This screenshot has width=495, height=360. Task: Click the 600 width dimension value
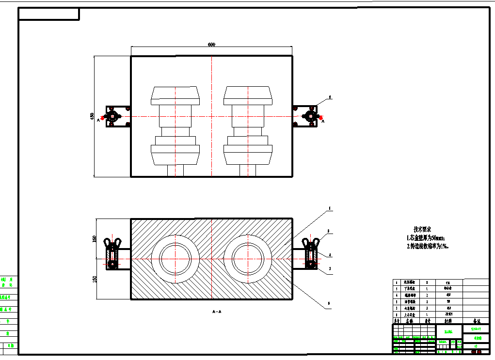(x=211, y=45)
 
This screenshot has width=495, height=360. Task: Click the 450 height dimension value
(x=92, y=116)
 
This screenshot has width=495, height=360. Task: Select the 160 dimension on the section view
(x=95, y=238)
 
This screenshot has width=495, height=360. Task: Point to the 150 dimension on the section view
(x=95, y=280)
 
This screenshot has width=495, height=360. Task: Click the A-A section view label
(x=217, y=312)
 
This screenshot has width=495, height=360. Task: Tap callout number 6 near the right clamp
(x=330, y=97)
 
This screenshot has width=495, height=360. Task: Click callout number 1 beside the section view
(x=329, y=209)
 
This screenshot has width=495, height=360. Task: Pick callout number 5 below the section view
(x=329, y=304)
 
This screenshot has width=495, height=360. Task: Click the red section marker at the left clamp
(x=103, y=117)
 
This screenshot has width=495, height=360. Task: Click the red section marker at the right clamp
(x=320, y=117)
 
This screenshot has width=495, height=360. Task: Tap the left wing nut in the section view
(x=112, y=242)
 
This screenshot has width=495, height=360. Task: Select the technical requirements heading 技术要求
(x=422, y=229)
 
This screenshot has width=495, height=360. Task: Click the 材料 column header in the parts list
(x=447, y=321)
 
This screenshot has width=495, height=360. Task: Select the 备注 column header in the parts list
(x=476, y=321)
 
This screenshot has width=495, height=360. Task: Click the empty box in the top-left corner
(x=48, y=15)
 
